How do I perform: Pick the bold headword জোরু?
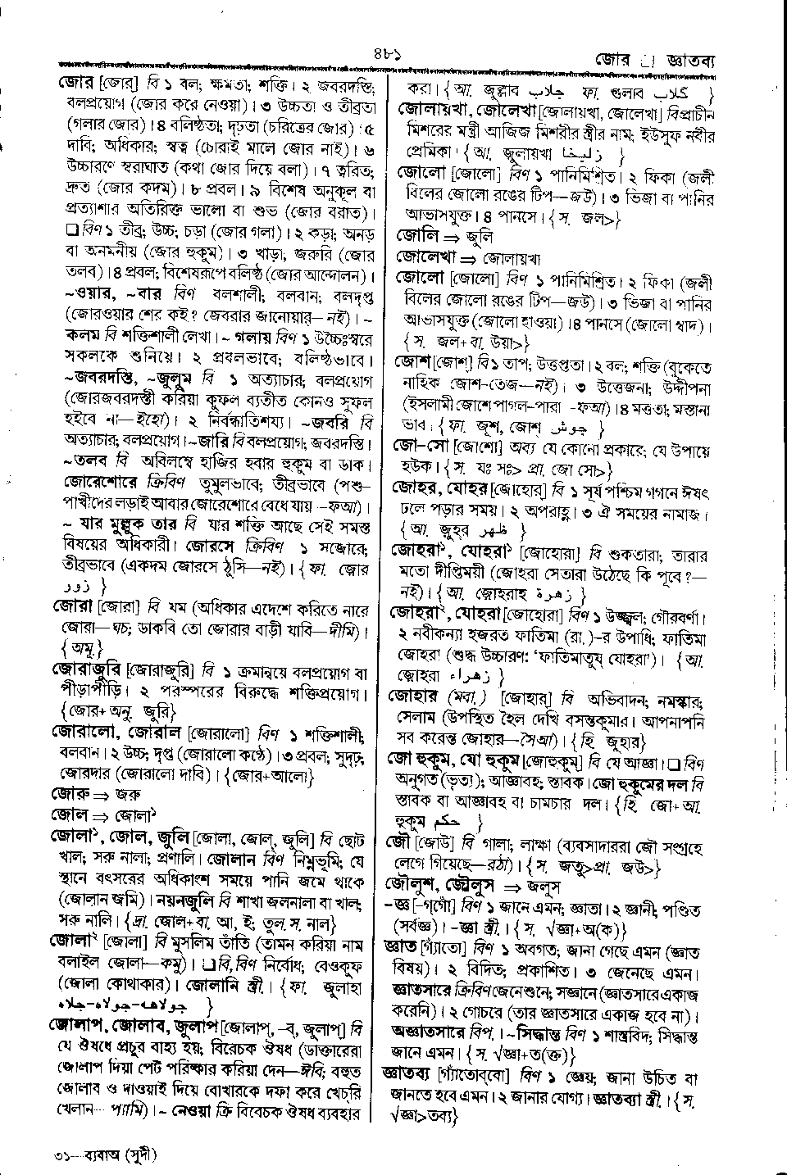click(69, 793)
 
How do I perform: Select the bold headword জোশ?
click(412, 362)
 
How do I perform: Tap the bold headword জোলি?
click(415, 236)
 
